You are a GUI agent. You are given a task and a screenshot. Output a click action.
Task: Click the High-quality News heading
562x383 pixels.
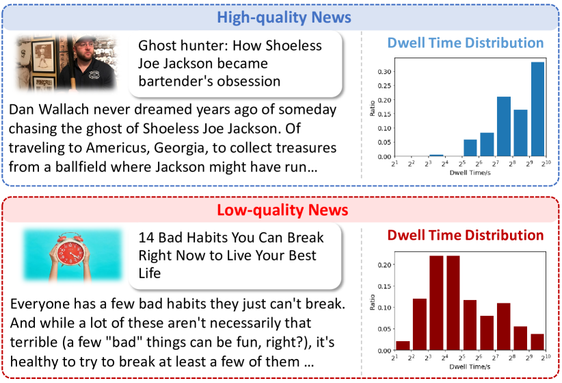284,17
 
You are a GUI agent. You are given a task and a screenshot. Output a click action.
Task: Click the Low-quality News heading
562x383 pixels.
282,210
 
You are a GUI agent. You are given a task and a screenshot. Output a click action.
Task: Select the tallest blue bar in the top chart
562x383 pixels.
537,109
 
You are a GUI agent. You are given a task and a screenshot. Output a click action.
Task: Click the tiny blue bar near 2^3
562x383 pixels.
436,156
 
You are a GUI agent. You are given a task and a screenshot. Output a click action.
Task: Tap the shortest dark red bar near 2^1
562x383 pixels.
403,345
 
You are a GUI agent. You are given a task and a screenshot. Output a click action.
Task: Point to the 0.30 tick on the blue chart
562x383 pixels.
384,71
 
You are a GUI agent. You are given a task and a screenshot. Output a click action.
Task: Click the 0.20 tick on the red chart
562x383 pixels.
384,264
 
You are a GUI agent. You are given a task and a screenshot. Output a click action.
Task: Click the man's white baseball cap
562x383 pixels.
85,39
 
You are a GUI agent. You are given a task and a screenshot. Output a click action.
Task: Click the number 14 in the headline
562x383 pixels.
146,238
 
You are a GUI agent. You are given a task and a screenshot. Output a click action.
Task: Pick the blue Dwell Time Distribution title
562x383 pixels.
466,42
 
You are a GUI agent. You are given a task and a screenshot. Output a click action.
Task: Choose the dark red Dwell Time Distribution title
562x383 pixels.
466,235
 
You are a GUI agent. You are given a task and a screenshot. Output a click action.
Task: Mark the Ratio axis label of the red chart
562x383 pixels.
373,302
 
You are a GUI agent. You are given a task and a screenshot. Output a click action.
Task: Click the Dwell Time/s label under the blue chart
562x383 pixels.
470,173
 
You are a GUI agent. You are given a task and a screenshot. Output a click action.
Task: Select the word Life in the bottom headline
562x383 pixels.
150,273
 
